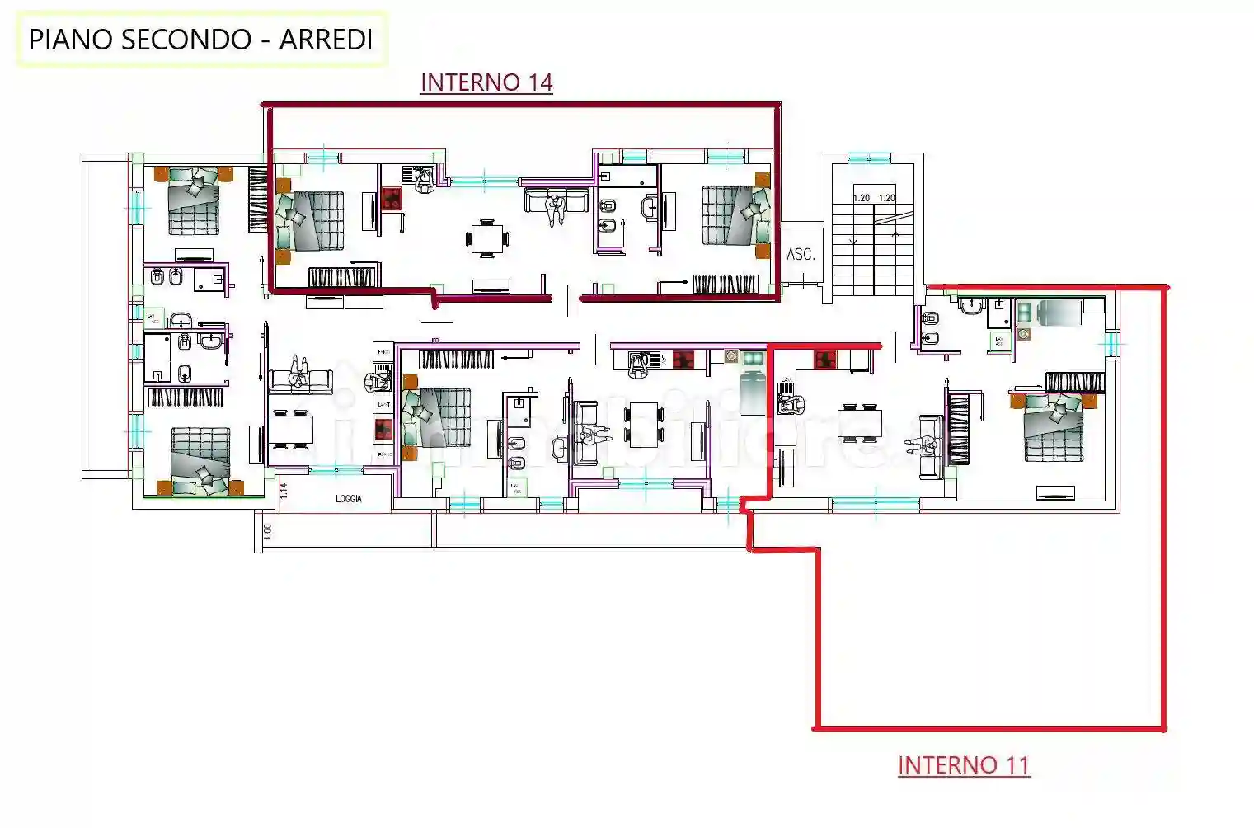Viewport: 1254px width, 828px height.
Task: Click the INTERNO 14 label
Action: coord(486,82)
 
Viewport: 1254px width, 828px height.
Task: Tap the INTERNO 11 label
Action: coord(963,765)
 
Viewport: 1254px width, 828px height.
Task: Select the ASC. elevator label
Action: coord(801,255)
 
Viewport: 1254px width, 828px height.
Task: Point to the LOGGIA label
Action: coord(349,499)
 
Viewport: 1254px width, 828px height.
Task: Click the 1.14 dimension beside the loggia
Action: coord(284,491)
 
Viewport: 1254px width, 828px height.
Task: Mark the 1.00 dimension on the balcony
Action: coord(267,533)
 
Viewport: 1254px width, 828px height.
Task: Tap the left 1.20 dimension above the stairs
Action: coord(862,198)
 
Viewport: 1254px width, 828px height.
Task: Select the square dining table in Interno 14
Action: coord(487,238)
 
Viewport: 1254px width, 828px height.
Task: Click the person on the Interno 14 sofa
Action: coord(557,208)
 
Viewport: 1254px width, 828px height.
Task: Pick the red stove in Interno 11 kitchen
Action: coord(825,360)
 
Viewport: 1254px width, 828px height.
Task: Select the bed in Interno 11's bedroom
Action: coord(1054,427)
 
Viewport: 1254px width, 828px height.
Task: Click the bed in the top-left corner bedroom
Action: coord(195,202)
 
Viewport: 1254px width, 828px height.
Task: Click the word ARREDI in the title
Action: coord(326,40)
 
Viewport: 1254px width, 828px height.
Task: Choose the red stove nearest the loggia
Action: coord(384,429)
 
